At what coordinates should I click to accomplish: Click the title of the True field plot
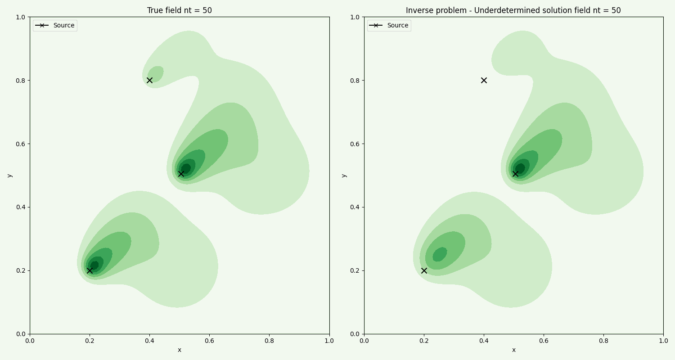[179, 10]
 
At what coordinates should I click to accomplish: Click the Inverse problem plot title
[513, 10]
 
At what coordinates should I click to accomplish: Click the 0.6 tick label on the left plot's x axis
[209, 341]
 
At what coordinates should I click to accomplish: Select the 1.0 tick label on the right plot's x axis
[663, 341]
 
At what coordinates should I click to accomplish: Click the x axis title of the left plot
[179, 350]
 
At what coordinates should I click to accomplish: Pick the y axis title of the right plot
[344, 175]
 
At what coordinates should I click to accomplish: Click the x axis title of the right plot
[513, 350]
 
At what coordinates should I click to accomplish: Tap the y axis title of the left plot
[9, 175]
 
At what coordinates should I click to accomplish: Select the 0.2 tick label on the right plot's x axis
[423, 341]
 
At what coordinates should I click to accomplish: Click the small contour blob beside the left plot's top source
[156, 73]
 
